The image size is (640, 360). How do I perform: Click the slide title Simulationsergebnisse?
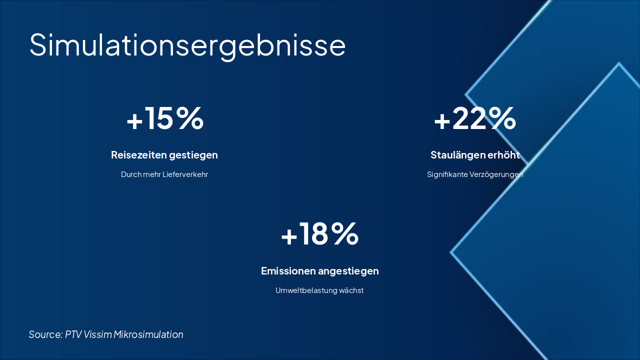click(187, 45)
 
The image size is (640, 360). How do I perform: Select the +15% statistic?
click(165, 118)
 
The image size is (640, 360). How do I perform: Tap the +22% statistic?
click(474, 118)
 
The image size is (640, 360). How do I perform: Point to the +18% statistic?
click(319, 234)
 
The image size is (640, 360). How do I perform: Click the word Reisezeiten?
click(138, 155)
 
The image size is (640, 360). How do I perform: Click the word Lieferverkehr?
click(185, 175)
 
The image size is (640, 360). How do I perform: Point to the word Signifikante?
click(447, 175)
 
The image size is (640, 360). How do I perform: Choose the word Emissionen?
click(288, 271)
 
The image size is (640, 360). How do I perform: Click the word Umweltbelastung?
click(306, 290)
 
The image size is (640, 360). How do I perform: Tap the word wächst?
click(351, 290)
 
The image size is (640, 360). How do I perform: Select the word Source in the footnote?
click(45, 334)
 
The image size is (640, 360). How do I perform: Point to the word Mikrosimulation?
click(148, 334)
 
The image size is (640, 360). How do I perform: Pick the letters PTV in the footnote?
click(73, 334)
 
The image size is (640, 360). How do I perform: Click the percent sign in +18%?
click(344, 234)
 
